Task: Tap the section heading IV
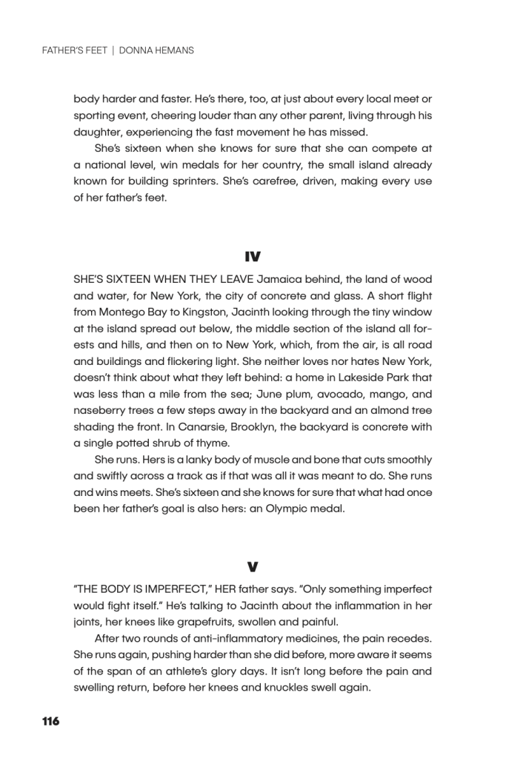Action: pyautogui.click(x=253, y=255)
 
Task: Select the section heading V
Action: pyautogui.click(x=253, y=566)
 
